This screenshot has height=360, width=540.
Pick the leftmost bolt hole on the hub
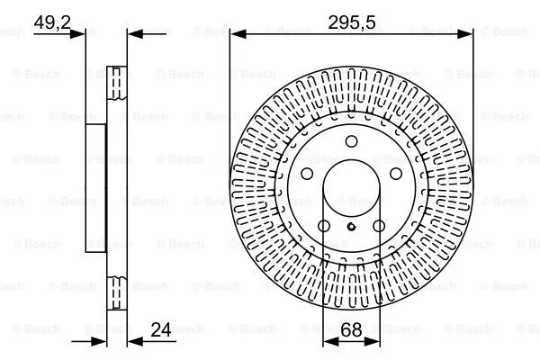(307, 175)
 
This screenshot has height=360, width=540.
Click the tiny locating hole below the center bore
(351, 227)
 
